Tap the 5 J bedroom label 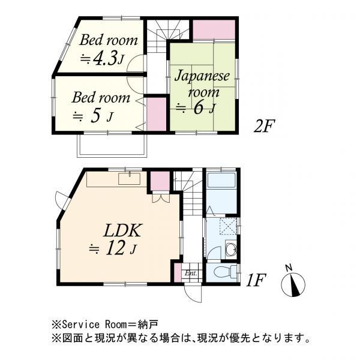(x=100, y=106)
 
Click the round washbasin (x=231, y=250)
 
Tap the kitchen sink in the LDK (x=130, y=178)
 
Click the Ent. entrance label (x=191, y=274)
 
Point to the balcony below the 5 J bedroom (x=112, y=144)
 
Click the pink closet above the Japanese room (x=213, y=30)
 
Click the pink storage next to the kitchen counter (x=159, y=181)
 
